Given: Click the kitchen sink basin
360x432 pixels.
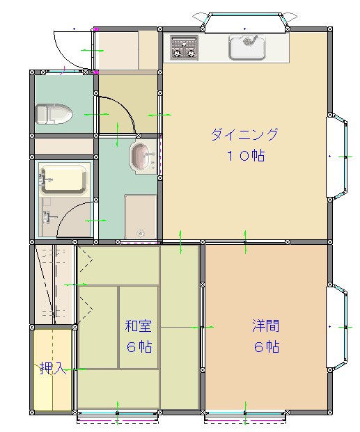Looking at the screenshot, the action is [x=247, y=48].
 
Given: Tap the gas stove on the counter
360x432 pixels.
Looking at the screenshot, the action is [x=184, y=47].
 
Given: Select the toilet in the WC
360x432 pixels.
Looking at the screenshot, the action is [x=54, y=114].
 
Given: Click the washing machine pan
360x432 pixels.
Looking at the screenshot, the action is [x=141, y=216].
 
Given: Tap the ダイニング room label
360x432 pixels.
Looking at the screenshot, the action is [x=244, y=135].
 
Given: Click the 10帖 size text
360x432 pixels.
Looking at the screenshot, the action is [x=246, y=156].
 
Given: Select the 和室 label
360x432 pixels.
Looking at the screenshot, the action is [x=138, y=326].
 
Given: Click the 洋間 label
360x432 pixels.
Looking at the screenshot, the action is [x=266, y=326].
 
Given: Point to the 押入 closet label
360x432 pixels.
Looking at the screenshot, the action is [x=53, y=368].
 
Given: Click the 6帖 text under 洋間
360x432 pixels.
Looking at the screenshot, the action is [x=267, y=347].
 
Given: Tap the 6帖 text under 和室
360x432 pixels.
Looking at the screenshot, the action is [x=139, y=347].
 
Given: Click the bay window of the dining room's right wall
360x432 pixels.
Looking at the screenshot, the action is [x=337, y=157].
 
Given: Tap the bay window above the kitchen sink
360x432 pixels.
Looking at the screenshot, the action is [x=244, y=22].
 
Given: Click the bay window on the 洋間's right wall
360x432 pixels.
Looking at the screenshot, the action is [x=337, y=327].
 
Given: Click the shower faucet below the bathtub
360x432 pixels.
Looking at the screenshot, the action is [x=48, y=216].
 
